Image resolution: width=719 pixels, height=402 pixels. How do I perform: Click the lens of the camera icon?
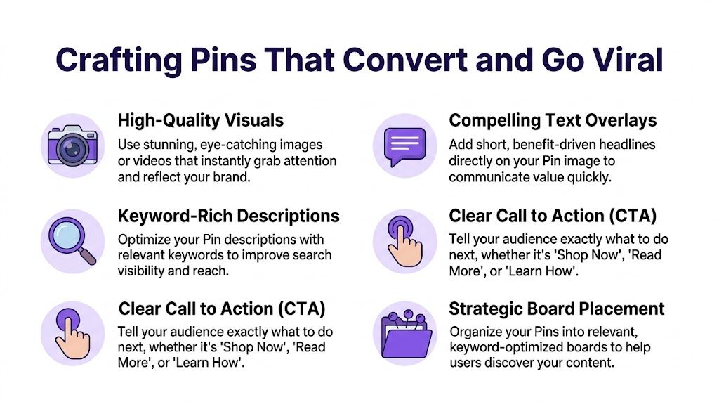[x=73, y=148]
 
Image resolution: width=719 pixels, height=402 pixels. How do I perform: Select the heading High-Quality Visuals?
[x=200, y=120]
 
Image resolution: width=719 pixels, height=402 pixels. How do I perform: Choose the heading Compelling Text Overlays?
[x=553, y=120]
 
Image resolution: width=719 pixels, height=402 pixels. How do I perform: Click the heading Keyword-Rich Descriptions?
[x=228, y=216]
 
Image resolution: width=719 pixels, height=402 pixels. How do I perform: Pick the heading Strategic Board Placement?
[x=557, y=309]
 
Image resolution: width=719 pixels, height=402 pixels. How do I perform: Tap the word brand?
[x=233, y=177]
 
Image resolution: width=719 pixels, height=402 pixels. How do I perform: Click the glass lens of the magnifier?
[x=68, y=235]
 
